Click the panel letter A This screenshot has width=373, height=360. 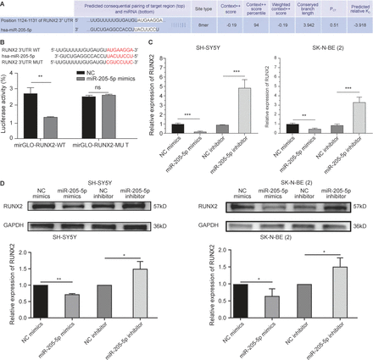pos(4,4)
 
